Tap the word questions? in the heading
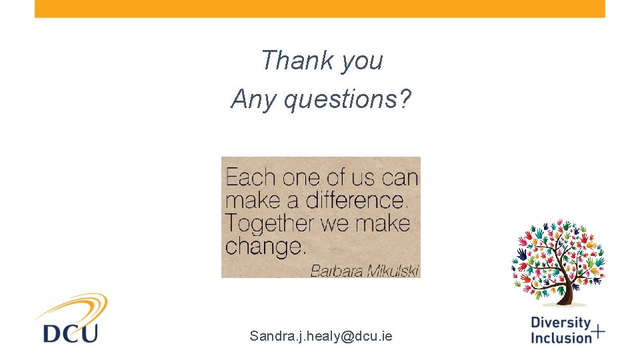(x=347, y=101)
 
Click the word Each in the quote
(x=251, y=178)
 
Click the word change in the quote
(x=265, y=247)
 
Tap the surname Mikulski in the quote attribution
(x=393, y=270)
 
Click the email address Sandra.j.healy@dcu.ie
(x=321, y=336)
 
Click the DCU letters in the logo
(x=70, y=332)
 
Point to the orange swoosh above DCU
(x=73, y=308)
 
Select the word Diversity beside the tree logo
(x=561, y=323)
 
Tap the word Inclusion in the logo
(x=561, y=337)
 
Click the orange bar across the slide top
(x=320, y=9)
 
